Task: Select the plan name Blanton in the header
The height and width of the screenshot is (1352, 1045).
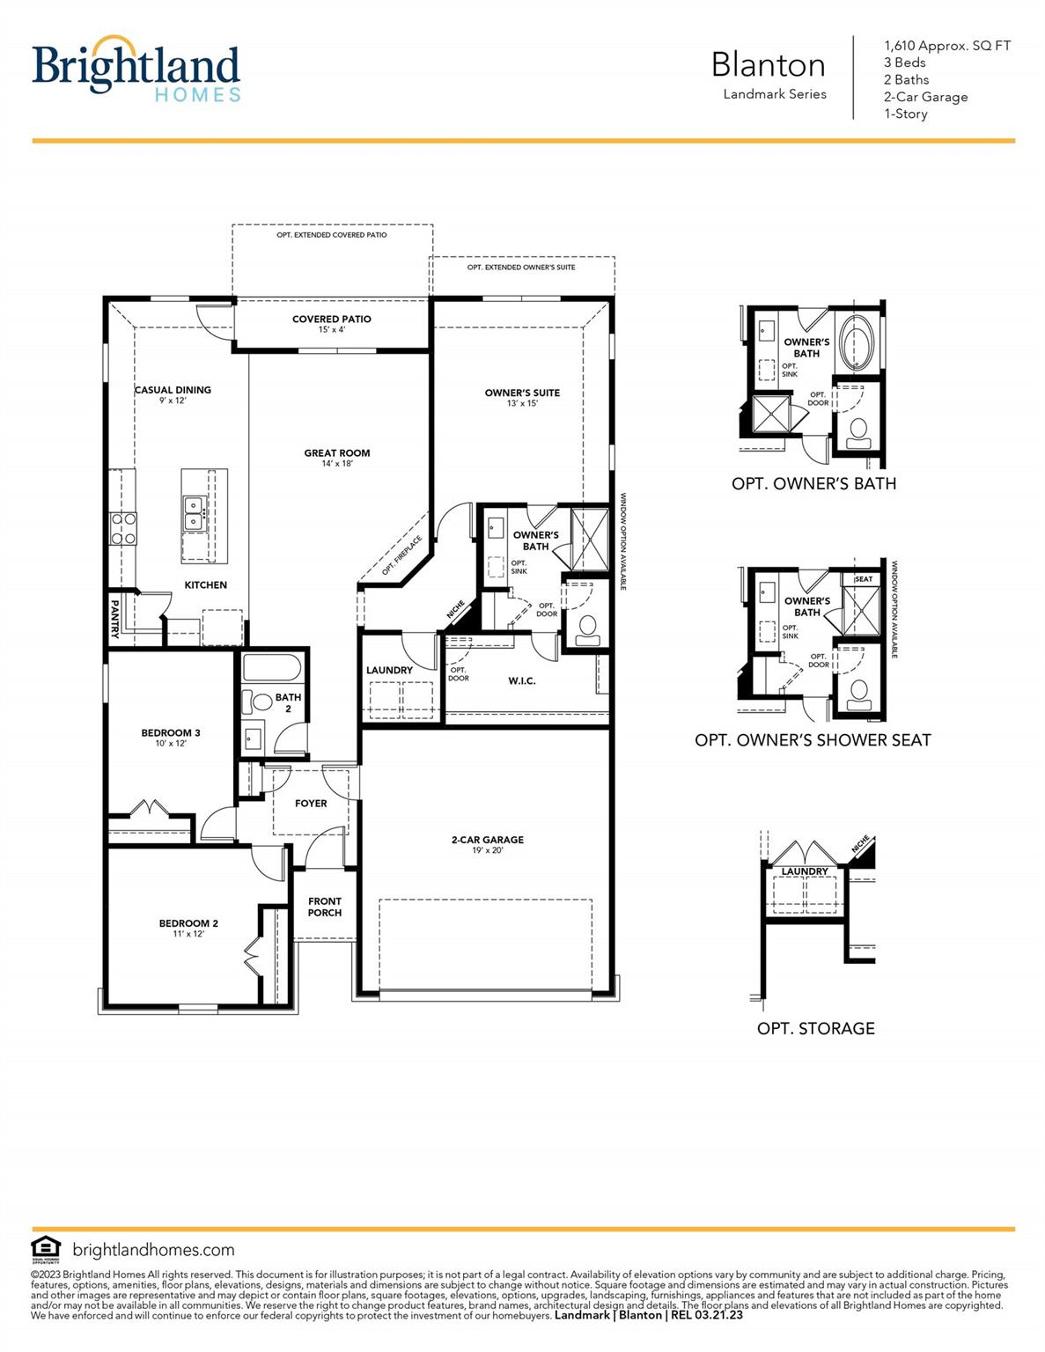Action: pyautogui.click(x=768, y=65)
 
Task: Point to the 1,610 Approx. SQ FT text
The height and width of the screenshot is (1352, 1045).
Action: pyautogui.click(x=946, y=46)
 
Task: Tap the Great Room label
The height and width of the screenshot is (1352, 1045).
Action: pyautogui.click(x=337, y=453)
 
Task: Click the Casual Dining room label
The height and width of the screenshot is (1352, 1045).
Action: pyautogui.click(x=173, y=390)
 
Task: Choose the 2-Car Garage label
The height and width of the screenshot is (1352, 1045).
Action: pyautogui.click(x=487, y=840)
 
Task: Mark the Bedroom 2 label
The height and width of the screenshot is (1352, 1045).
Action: pyautogui.click(x=188, y=923)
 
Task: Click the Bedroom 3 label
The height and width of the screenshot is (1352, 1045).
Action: pyautogui.click(x=171, y=732)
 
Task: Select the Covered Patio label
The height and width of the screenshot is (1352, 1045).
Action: pyautogui.click(x=332, y=319)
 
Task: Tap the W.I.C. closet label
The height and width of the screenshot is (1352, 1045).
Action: pyautogui.click(x=522, y=680)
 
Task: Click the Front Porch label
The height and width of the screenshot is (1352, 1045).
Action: pyautogui.click(x=325, y=907)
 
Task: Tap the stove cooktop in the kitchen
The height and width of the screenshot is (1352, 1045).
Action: pyautogui.click(x=122, y=528)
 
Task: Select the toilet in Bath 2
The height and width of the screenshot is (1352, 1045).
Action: pyautogui.click(x=261, y=703)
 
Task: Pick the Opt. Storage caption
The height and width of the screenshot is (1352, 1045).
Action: pyautogui.click(x=815, y=1028)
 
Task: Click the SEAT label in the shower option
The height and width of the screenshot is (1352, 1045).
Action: pyautogui.click(x=864, y=579)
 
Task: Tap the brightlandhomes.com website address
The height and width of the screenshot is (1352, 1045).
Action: pyautogui.click(x=153, y=1250)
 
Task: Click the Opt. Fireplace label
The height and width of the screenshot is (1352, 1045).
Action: pyautogui.click(x=402, y=555)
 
